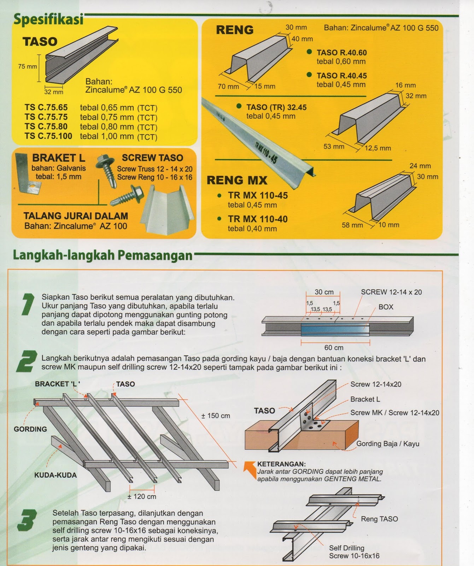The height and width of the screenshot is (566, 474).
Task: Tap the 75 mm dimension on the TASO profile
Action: pyautogui.click(x=27, y=66)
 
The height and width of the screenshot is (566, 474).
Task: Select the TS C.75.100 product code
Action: pyautogui.click(x=48, y=136)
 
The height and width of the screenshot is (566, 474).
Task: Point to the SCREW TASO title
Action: pyautogui.click(x=152, y=158)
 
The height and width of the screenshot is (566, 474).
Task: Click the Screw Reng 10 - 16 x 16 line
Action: pyautogui.click(x=154, y=177)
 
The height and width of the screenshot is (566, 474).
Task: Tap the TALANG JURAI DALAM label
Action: pyautogui.click(x=76, y=216)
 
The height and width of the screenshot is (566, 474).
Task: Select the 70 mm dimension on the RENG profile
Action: pyautogui.click(x=228, y=86)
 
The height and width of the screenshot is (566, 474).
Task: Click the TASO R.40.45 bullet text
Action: pyautogui.click(x=341, y=76)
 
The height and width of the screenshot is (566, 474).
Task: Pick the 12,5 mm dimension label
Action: pyautogui.click(x=378, y=148)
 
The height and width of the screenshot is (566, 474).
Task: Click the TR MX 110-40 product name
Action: pyautogui.click(x=258, y=219)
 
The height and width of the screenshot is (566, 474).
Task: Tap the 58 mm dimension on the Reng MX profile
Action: pyautogui.click(x=352, y=225)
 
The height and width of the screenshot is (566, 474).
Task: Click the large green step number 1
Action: pyautogui.click(x=27, y=304)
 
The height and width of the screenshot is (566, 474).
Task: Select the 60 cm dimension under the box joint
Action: pyautogui.click(x=334, y=347)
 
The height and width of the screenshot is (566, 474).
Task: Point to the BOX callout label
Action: pyautogui.click(x=386, y=307)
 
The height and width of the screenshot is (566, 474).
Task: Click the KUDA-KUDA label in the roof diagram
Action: pyautogui.click(x=55, y=475)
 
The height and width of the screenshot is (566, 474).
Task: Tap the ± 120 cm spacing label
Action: pyautogui.click(x=142, y=496)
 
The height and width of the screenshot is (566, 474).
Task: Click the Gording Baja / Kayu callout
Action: pyautogui.click(x=387, y=444)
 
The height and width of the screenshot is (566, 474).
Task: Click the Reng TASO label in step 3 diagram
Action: pyautogui.click(x=379, y=519)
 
